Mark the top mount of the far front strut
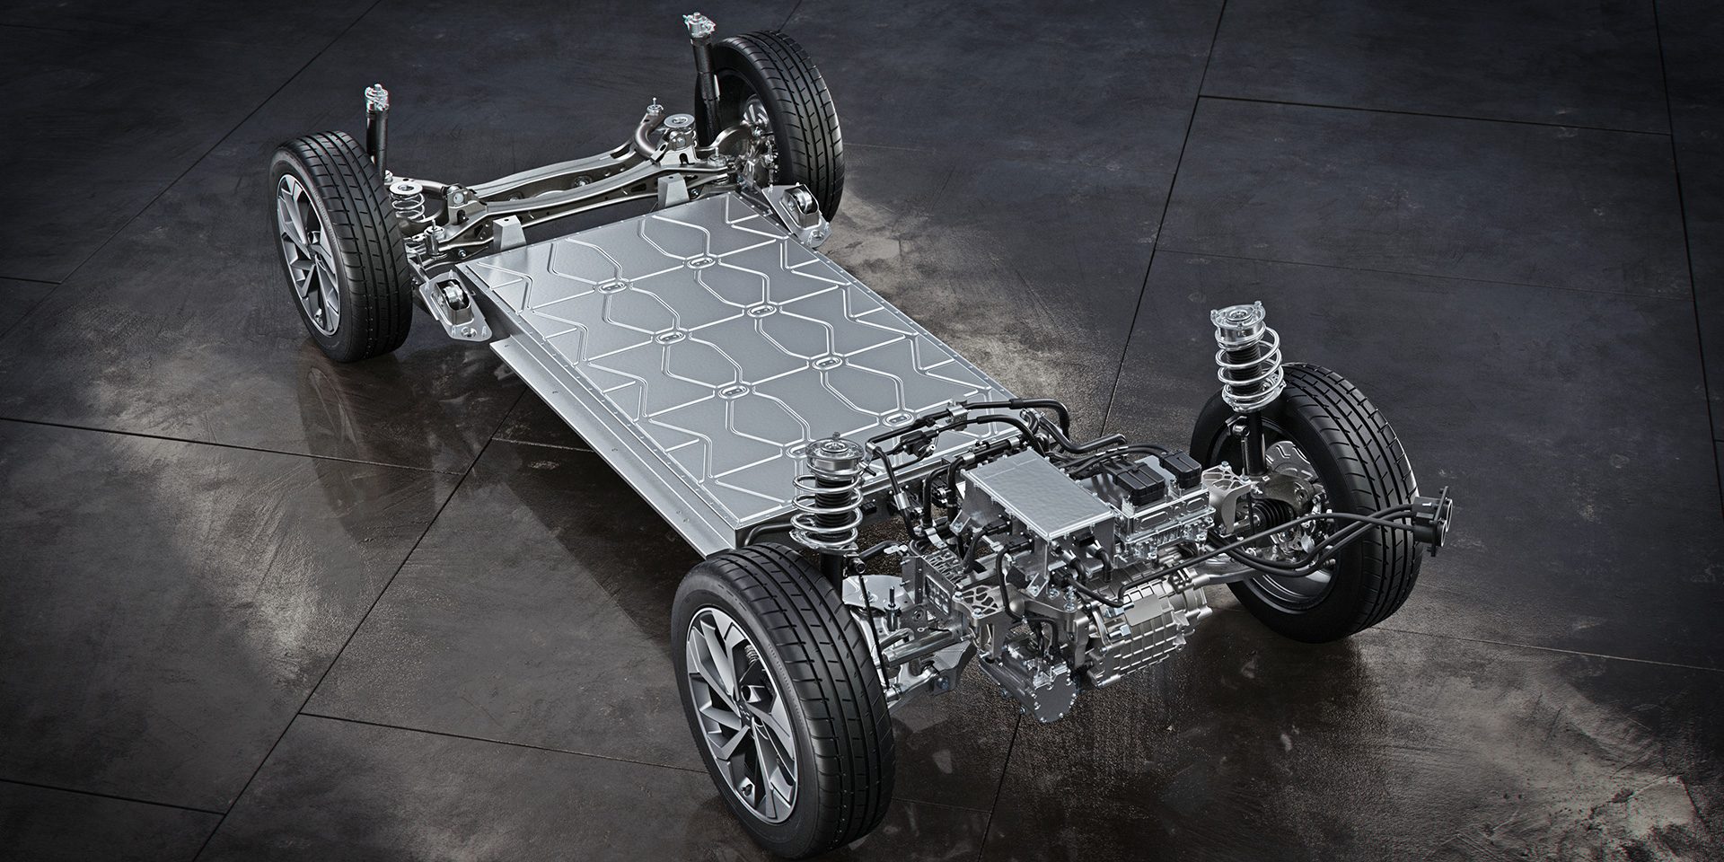1235,319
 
